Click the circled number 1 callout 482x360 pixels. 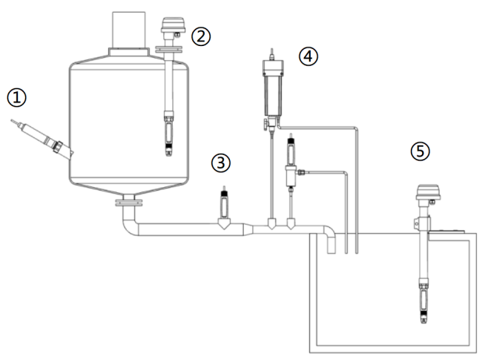16,97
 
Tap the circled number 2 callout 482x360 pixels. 201,36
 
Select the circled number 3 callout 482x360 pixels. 221,163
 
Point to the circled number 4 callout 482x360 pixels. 308,56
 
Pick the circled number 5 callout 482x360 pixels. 420,151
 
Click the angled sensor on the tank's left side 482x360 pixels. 43,139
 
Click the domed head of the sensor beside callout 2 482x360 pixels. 174,26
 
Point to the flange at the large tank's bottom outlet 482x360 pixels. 129,203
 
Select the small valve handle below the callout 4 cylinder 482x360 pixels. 265,125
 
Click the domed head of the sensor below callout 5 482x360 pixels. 428,192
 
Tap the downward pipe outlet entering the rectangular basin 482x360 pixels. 331,243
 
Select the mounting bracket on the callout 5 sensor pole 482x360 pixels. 417,223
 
